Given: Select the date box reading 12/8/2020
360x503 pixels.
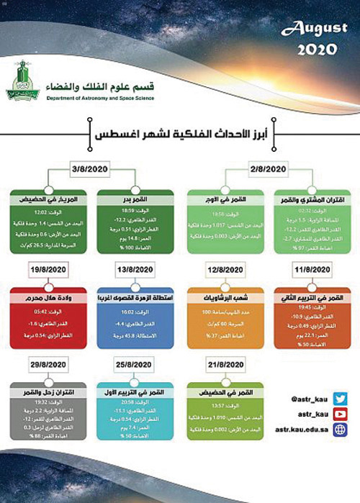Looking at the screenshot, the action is point(223,270).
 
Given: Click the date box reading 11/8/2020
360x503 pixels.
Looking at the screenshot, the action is point(312,270).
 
